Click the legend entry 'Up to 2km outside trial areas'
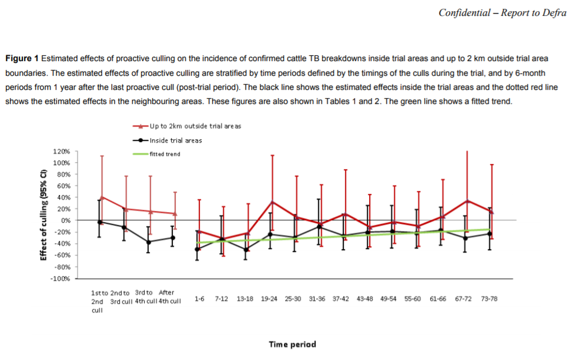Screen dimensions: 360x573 click(195, 126)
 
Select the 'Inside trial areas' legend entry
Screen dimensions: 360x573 click(176, 140)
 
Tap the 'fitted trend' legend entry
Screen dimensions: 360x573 click(165, 154)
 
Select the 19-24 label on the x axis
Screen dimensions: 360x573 click(269, 299)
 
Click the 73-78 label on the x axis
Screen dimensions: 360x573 click(489, 299)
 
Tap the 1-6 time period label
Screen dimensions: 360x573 click(199, 299)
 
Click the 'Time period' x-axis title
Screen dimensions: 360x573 click(292, 344)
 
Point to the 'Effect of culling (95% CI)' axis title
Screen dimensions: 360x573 click(43, 215)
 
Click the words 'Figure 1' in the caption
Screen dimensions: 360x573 click(22, 58)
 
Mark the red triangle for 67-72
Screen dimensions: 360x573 click(467, 201)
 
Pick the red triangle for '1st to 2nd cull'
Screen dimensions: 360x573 click(102, 197)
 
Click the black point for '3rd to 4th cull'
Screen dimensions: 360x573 click(148, 241)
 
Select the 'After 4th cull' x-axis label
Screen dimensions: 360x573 click(167, 296)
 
